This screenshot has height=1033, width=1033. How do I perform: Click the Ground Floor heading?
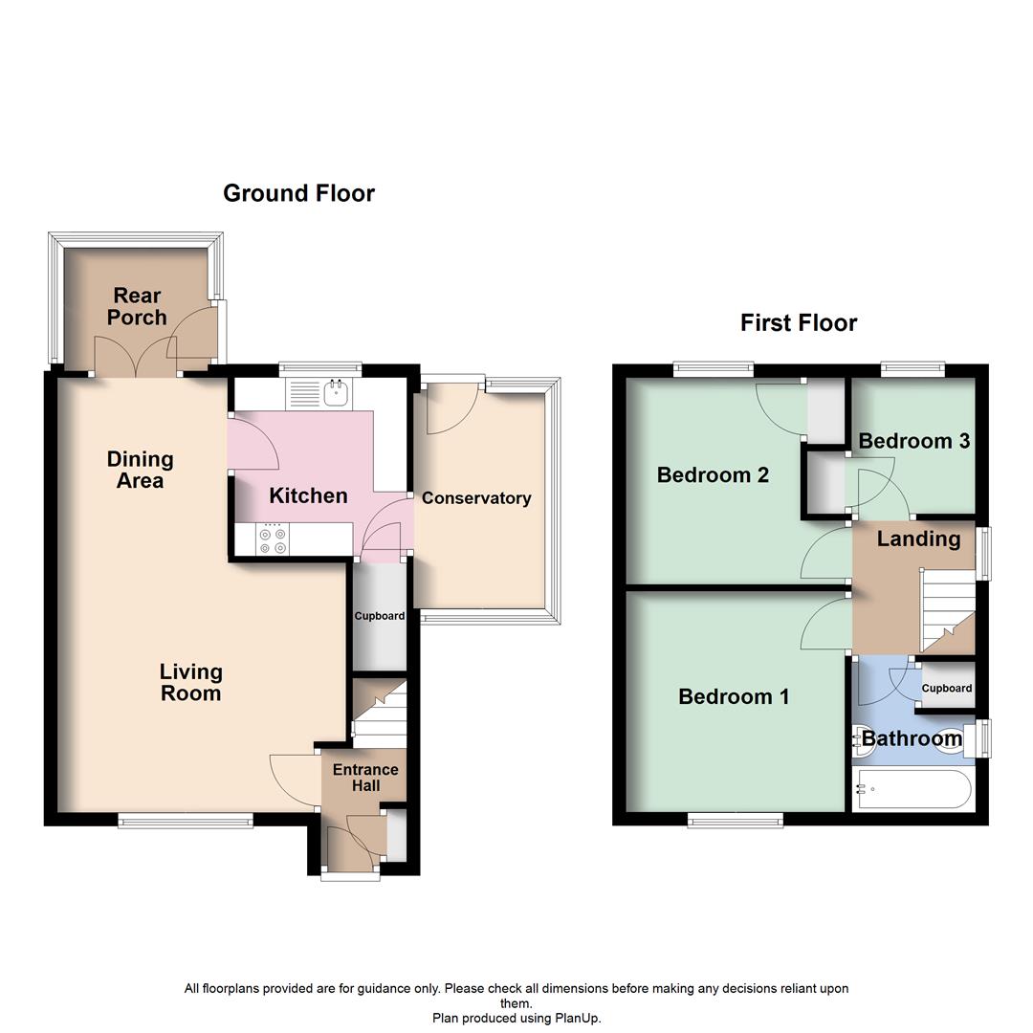click(x=298, y=193)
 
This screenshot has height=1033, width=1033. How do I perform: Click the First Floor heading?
click(x=799, y=323)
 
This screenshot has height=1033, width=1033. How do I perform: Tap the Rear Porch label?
click(x=137, y=306)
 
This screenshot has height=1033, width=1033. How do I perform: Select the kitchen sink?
click(x=335, y=390)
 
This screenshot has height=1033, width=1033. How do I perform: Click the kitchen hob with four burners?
click(x=272, y=540)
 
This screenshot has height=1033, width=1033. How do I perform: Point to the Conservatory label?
click(x=475, y=498)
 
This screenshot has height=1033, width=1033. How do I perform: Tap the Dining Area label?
click(x=140, y=470)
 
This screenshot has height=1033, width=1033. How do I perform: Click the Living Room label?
click(x=190, y=683)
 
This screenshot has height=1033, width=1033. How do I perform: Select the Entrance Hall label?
click(x=364, y=778)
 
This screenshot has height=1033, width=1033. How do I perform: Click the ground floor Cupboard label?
click(x=380, y=616)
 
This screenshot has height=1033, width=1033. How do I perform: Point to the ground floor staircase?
click(x=380, y=714)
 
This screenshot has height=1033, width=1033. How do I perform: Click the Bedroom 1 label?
click(x=734, y=697)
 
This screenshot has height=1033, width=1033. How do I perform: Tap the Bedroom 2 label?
click(x=713, y=475)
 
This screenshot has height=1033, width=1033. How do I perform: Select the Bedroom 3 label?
click(x=913, y=441)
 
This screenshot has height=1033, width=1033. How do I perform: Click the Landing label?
click(x=918, y=539)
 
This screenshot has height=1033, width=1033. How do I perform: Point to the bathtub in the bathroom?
click(x=913, y=791)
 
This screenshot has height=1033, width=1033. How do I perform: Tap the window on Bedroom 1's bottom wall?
click(x=735, y=819)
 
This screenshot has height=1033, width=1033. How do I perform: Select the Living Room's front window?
click(x=186, y=819)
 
